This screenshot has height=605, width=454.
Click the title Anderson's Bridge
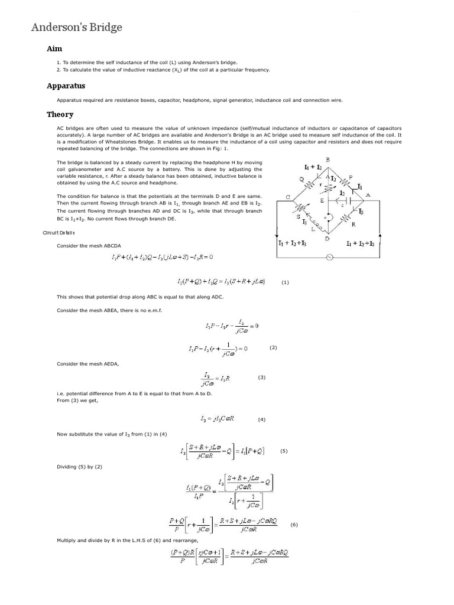[77, 27]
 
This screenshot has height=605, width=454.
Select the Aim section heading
[54, 48]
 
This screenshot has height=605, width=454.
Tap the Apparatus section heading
[66, 86]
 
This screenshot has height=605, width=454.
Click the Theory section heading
[60, 114]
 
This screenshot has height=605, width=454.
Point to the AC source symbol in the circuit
[329, 257]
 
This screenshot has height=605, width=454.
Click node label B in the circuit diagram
[327, 160]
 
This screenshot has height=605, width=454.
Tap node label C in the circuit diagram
[288, 197]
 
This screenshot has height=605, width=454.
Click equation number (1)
[285, 282]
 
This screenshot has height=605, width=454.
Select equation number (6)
[294, 525]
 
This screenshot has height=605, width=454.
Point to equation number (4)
[262, 419]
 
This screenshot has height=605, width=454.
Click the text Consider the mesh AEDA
[87, 364]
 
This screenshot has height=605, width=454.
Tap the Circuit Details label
[59, 232]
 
